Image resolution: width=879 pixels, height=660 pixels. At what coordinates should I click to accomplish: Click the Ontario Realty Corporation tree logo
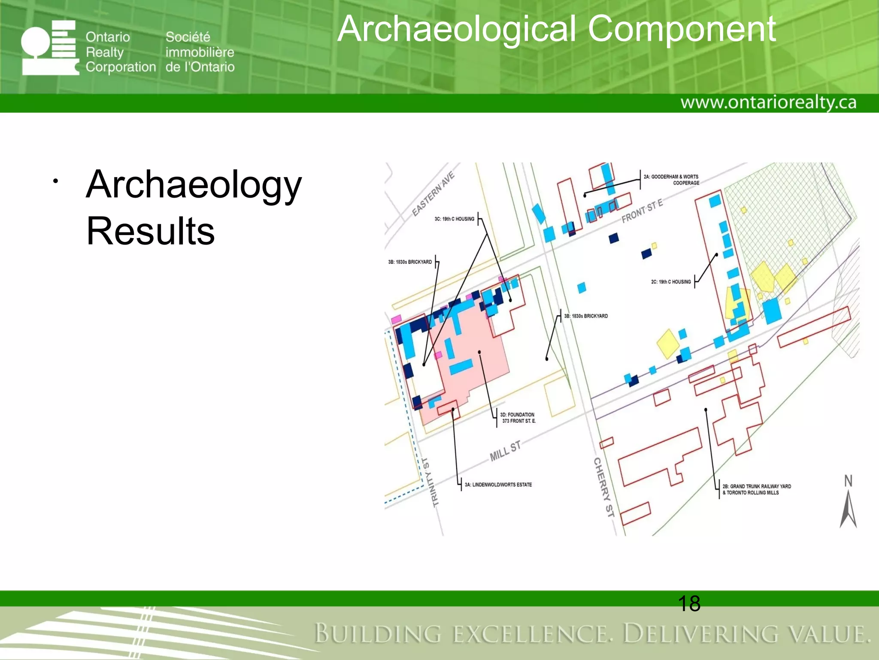(x=50, y=48)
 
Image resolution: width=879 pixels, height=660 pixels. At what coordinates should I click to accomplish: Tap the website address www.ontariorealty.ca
(x=768, y=103)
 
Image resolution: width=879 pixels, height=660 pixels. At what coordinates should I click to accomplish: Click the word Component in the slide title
(x=682, y=29)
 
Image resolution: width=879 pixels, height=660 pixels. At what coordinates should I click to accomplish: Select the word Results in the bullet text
(x=150, y=231)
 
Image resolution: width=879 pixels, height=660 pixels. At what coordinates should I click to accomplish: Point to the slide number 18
(x=689, y=603)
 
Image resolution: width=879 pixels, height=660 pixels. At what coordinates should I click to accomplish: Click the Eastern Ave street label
(x=433, y=194)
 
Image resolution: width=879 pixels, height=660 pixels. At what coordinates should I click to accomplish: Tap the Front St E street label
(x=642, y=211)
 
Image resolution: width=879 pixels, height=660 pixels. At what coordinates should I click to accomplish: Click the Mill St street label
(x=505, y=450)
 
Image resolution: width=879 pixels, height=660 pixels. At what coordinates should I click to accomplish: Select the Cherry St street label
(x=603, y=487)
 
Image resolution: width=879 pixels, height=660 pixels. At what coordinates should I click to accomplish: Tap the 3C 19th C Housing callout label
(x=454, y=219)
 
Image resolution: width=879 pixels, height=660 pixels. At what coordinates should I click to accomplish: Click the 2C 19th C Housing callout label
(x=671, y=282)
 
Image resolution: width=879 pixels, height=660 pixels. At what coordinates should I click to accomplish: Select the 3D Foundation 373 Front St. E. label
(x=518, y=418)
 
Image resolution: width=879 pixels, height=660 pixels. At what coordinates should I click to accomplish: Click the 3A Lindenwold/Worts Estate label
(x=498, y=485)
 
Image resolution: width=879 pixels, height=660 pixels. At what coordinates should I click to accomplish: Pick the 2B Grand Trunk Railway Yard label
(x=756, y=489)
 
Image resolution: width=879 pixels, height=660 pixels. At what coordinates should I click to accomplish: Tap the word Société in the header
(x=188, y=37)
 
